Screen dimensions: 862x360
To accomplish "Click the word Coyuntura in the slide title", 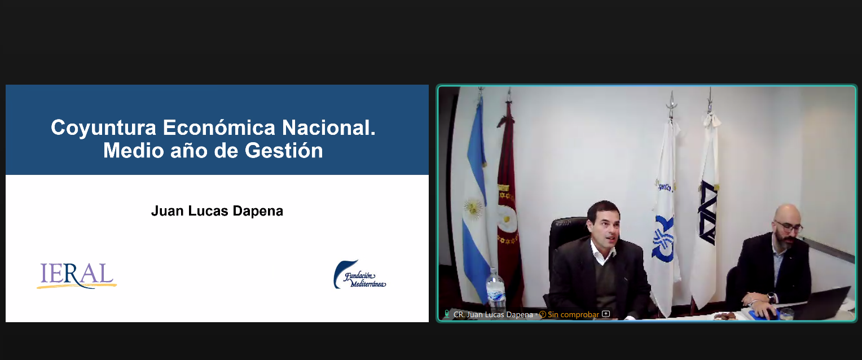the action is coord(103,128).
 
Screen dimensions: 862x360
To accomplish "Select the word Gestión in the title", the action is coord(284,150).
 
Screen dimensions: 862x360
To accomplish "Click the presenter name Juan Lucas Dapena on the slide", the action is coord(217,211).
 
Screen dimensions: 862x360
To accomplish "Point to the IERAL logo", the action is coord(77,276).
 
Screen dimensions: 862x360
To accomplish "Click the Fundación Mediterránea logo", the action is coord(359,275).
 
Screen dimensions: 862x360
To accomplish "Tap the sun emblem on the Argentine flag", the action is coord(473,208).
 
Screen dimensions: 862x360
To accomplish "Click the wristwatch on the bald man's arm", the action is coord(771,297).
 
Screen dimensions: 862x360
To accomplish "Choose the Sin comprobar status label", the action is coord(573,314).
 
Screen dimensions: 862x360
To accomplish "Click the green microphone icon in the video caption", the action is coord(446,314).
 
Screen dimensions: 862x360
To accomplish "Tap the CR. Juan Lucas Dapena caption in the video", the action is coord(493,314).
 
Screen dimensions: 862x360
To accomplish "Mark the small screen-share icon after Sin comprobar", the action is coord(606,314).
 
